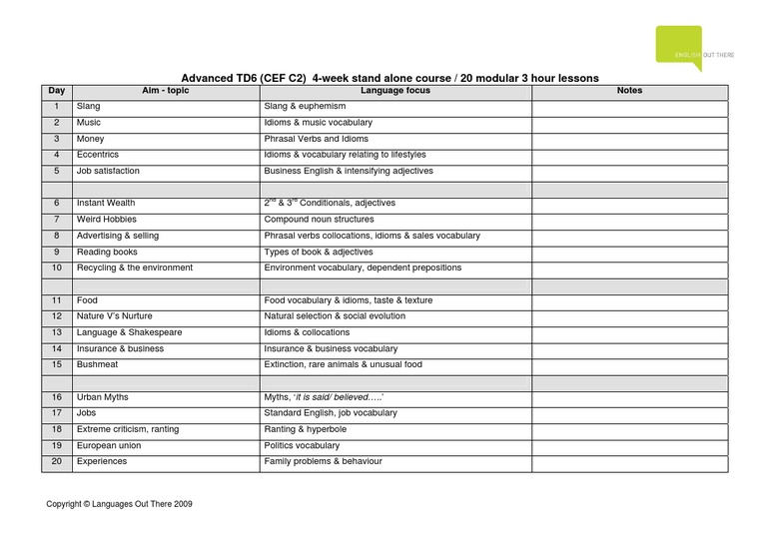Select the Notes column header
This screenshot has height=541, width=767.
(x=629, y=91)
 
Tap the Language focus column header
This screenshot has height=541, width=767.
(x=394, y=91)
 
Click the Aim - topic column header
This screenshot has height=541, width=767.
(x=165, y=91)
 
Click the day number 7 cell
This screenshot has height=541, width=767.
(x=57, y=220)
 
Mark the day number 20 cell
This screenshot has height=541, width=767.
(x=57, y=462)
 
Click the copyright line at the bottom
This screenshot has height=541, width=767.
(x=119, y=505)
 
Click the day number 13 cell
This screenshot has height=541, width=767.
(x=57, y=332)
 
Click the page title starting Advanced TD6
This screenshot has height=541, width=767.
(x=389, y=77)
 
